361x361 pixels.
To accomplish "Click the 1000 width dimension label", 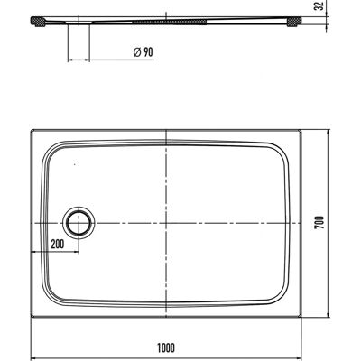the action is (166, 348).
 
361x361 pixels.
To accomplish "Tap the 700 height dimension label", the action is (319, 223).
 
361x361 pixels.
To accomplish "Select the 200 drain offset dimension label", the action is (58, 245).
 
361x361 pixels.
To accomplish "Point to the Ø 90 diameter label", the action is (143, 52).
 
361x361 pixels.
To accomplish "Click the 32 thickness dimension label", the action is (319, 6).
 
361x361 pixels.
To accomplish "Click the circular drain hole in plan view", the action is (79, 223).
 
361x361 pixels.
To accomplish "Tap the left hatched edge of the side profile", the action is (38, 22).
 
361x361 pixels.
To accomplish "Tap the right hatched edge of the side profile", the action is (294, 22).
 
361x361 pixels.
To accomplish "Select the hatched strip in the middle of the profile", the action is (170, 22).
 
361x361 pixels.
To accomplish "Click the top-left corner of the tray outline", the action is (32, 130).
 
